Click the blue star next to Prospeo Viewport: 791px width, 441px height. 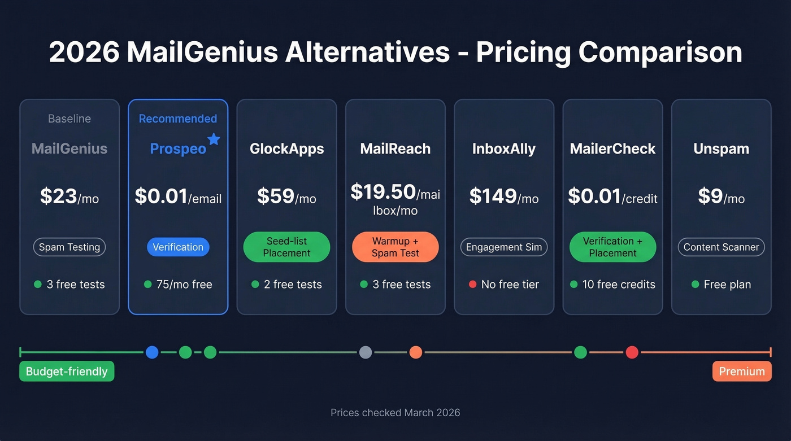tap(214, 139)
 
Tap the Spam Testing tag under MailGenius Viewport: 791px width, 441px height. tap(69, 247)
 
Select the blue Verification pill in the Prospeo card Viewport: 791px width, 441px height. tap(178, 247)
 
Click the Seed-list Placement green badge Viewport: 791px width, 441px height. tap(286, 247)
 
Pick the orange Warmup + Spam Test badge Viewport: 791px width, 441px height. tap(395, 247)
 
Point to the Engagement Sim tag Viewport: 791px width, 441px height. tap(503, 247)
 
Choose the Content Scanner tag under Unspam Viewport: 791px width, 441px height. tap(721, 247)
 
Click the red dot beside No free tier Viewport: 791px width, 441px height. tap(472, 285)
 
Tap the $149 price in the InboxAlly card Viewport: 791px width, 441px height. tap(493, 197)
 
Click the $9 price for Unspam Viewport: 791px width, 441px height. tap(711, 197)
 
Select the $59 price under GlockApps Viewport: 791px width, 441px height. tap(276, 197)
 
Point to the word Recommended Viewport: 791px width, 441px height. tap(178, 119)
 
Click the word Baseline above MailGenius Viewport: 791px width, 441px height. tap(69, 119)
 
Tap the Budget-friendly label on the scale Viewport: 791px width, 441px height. tap(67, 372)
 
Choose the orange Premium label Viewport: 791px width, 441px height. tap(742, 372)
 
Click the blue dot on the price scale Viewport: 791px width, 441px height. tap(152, 352)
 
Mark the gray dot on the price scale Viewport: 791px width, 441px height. tap(366, 352)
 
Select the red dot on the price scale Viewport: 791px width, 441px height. tap(632, 352)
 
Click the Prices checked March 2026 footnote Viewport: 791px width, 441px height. tap(395, 413)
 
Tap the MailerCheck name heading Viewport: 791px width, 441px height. tap(612, 149)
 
